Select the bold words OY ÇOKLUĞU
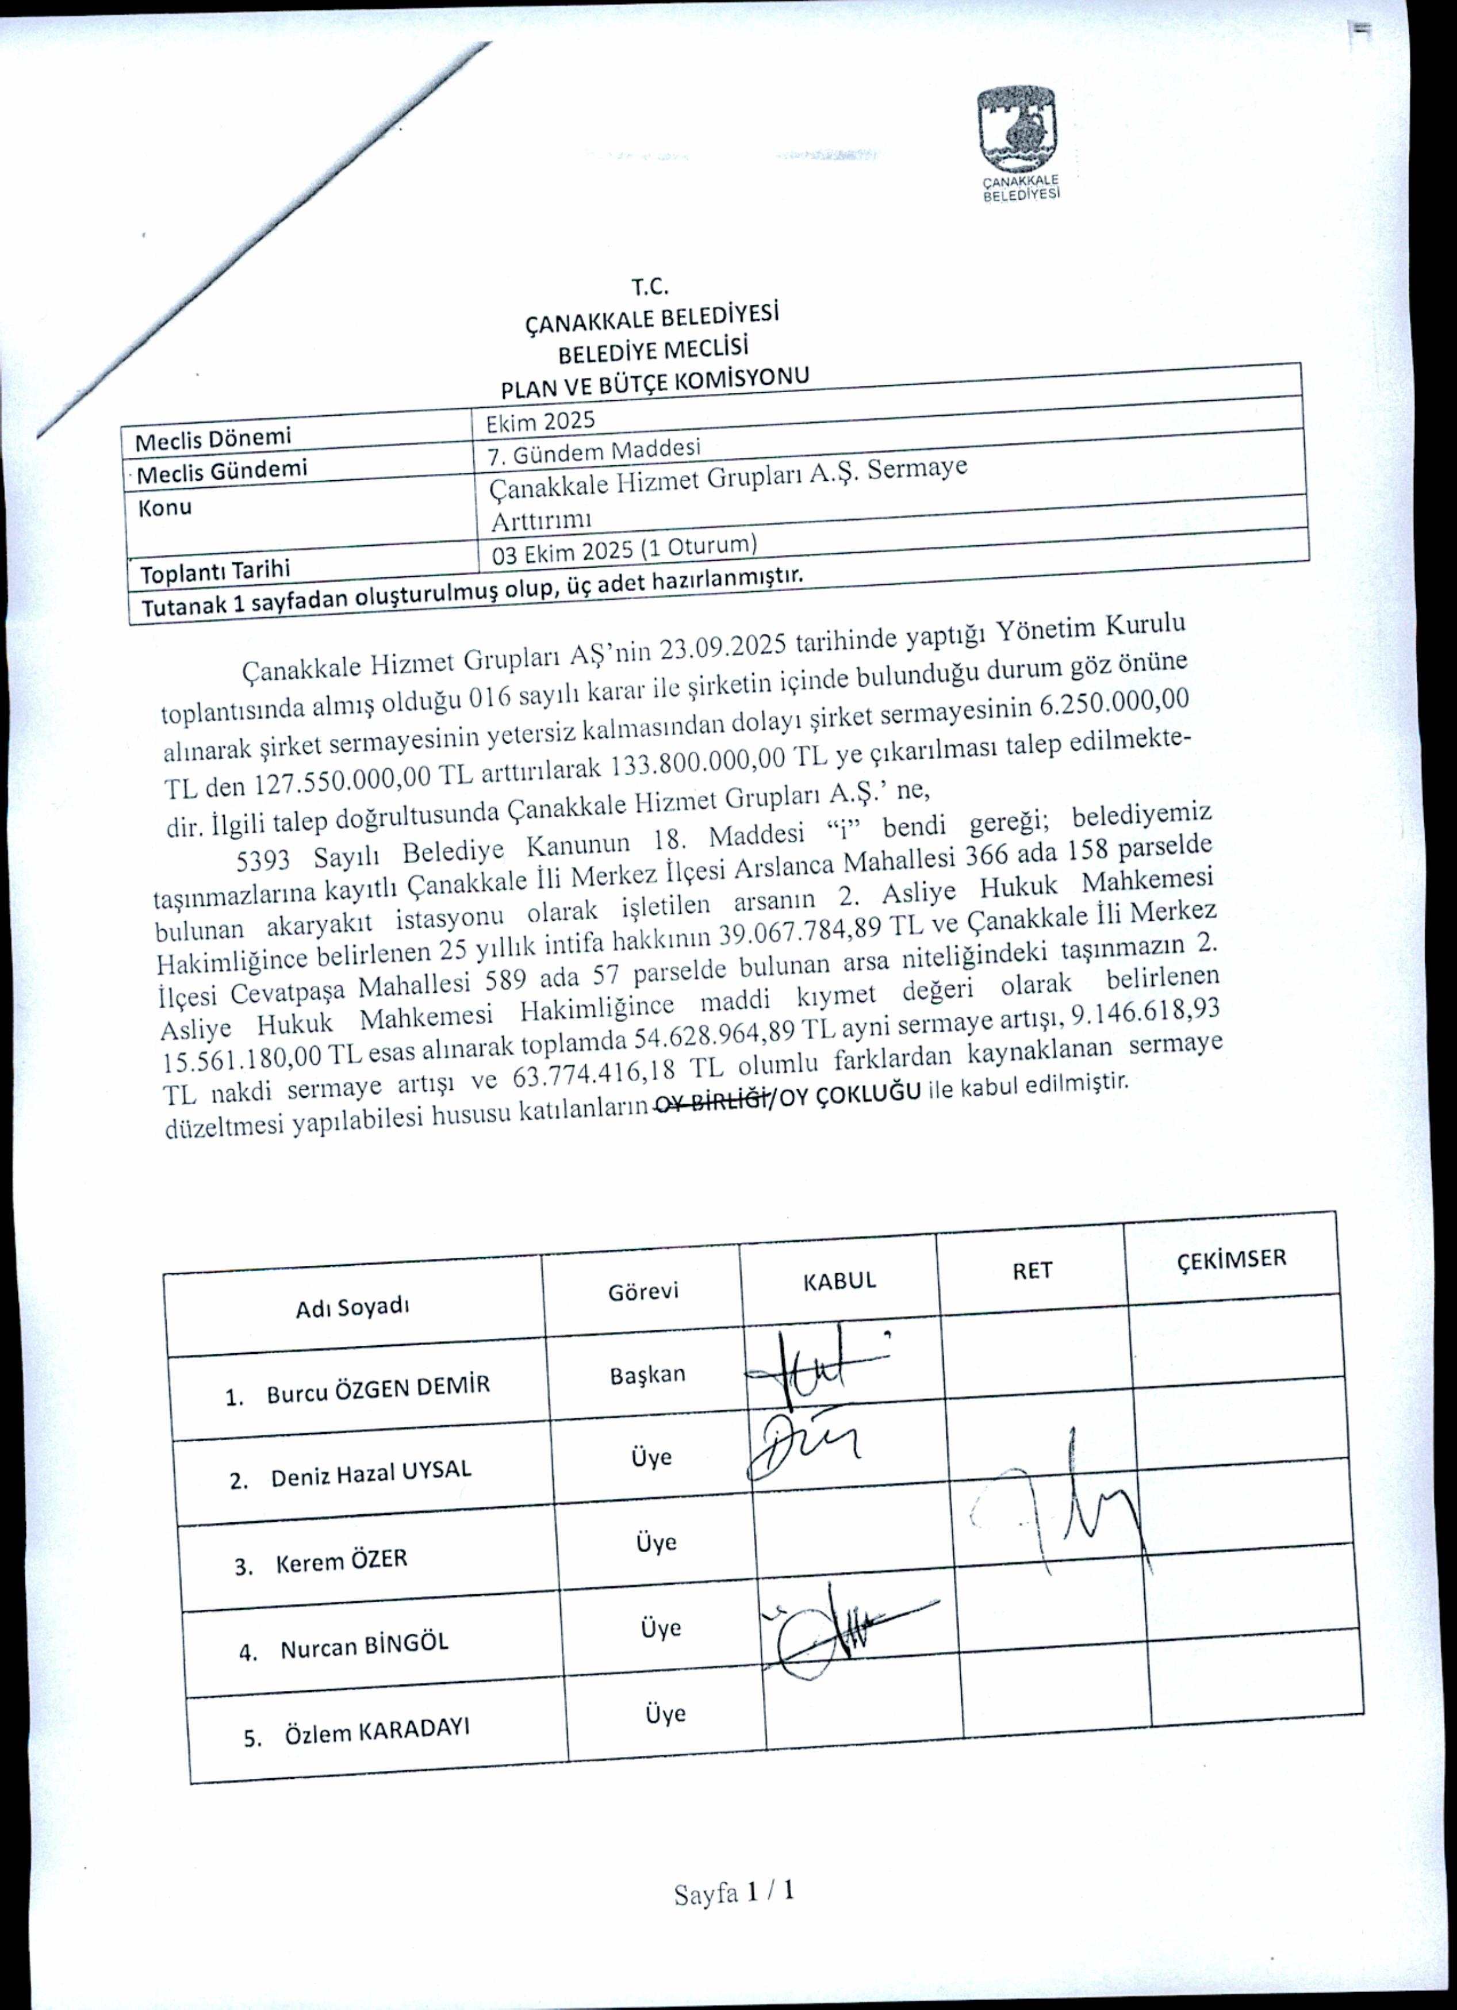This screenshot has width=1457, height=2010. (849, 1094)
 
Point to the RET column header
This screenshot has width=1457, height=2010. (1032, 1270)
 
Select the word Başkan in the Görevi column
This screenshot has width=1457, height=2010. (647, 1375)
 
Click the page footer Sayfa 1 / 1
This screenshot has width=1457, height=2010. (734, 1894)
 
